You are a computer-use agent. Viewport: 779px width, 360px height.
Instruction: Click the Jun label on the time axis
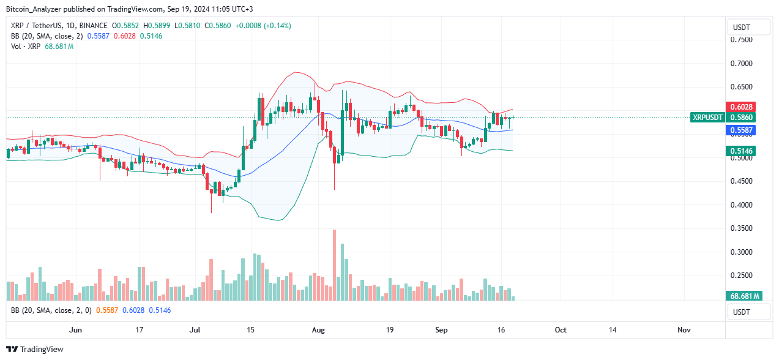pyautogui.click(x=75, y=329)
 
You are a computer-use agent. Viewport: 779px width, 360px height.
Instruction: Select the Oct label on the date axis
pyautogui.click(x=561, y=329)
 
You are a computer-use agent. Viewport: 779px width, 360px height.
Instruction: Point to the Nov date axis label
pyautogui.click(x=684, y=329)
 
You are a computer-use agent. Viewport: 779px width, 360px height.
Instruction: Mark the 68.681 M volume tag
pyautogui.click(x=744, y=296)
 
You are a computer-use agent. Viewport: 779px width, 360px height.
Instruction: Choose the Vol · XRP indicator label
pyautogui.click(x=23, y=47)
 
